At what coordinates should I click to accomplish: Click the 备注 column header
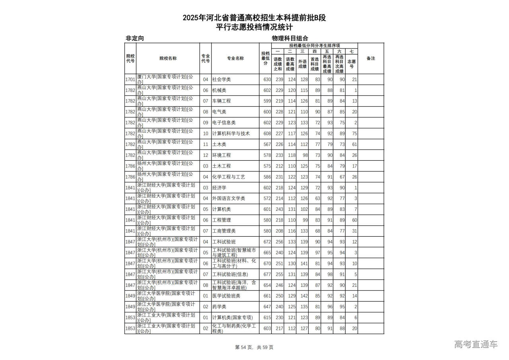pyautogui.click(x=371, y=58)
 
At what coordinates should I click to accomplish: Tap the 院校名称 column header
pyautogui.click(x=168, y=58)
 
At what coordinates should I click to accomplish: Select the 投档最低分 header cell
pyautogui.click(x=265, y=58)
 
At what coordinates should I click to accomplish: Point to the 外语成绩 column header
pyautogui.click(x=302, y=64)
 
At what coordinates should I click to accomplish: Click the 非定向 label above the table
pyautogui.click(x=134, y=38)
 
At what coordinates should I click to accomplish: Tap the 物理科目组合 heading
pyautogui.click(x=290, y=38)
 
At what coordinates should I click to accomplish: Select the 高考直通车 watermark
pyautogui.click(x=476, y=344)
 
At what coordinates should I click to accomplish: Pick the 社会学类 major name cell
pyautogui.click(x=221, y=80)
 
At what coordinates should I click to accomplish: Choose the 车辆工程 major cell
pyautogui.click(x=221, y=101)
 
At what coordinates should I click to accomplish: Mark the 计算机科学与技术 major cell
pyautogui.click(x=231, y=134)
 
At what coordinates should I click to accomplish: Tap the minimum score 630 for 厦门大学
pyautogui.click(x=267, y=80)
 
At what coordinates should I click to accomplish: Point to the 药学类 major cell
pyautogui.click(x=219, y=307)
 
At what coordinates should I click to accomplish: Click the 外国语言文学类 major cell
pyautogui.click(x=228, y=198)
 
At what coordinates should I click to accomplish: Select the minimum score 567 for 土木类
pyautogui.click(x=267, y=144)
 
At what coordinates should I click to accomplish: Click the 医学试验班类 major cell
pyautogui.click(x=226, y=296)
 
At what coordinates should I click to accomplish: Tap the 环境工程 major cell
pyautogui.click(x=221, y=155)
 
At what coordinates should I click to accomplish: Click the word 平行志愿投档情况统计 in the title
pyautogui.click(x=254, y=27)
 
